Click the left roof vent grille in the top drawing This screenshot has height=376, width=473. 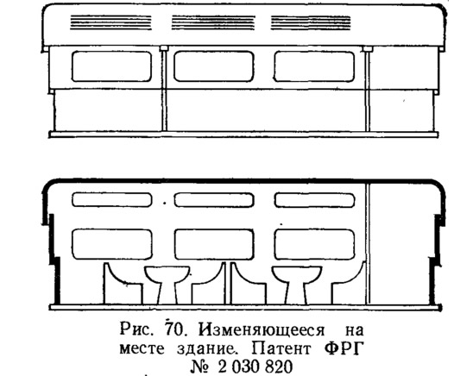coord(110,22)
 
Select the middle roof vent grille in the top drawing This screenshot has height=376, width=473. coord(213,22)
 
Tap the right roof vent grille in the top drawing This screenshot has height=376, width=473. coord(311,22)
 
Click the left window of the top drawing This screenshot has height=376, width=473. coord(111,66)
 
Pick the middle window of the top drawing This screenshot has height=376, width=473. coord(213,66)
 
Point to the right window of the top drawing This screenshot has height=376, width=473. coord(314,66)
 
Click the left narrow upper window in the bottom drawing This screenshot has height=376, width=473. coord(112,200)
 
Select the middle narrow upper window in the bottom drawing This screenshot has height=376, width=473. coord(214,200)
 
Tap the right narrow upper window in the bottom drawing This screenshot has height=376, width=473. coord(314,200)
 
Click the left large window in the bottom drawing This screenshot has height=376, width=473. coord(112,244)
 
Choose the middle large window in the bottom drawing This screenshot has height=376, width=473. coord(214,244)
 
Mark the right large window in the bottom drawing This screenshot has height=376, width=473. coord(314,244)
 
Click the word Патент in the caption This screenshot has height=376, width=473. coord(281,349)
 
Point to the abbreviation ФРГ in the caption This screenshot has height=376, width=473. coord(344,348)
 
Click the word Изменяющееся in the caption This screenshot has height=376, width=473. coord(262,330)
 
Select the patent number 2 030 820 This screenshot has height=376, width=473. coord(255,367)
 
